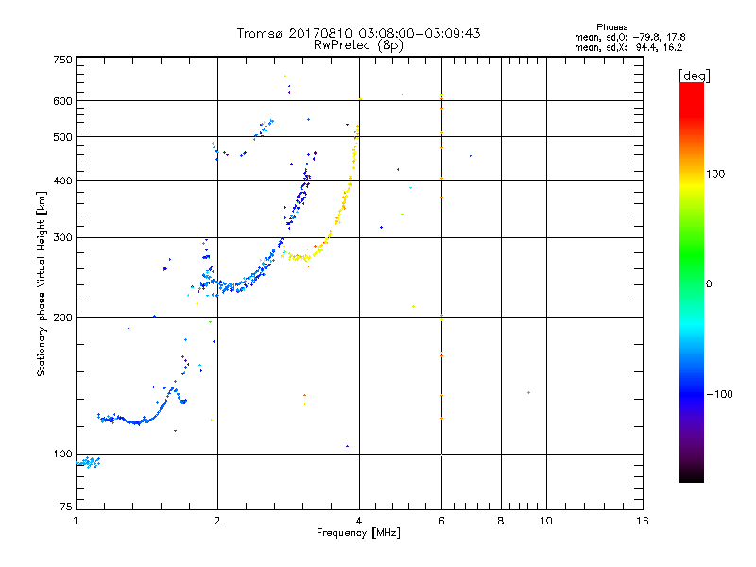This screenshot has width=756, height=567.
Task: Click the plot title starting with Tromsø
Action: point(358,33)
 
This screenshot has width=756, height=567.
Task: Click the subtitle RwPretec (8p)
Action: point(358,44)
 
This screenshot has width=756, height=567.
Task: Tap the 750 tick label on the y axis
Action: point(62,60)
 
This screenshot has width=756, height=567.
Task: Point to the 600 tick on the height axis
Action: point(62,101)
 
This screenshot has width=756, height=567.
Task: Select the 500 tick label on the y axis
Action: point(62,137)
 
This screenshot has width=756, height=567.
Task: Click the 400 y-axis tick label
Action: point(62,181)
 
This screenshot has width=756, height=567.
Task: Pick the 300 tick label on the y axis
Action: point(62,238)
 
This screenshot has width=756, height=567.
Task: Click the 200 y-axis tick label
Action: point(62,318)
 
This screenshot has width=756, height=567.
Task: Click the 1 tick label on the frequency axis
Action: point(76,521)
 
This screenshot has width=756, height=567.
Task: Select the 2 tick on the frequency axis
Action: point(217,521)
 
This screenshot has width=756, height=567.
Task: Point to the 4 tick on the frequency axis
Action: point(359,521)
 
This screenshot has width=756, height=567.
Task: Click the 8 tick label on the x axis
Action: point(501,521)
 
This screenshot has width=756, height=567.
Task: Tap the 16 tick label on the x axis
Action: point(642,521)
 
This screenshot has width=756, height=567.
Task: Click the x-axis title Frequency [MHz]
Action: point(358,534)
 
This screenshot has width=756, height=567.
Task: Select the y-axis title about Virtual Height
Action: point(42,284)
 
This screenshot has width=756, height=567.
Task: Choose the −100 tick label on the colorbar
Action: point(721,394)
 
